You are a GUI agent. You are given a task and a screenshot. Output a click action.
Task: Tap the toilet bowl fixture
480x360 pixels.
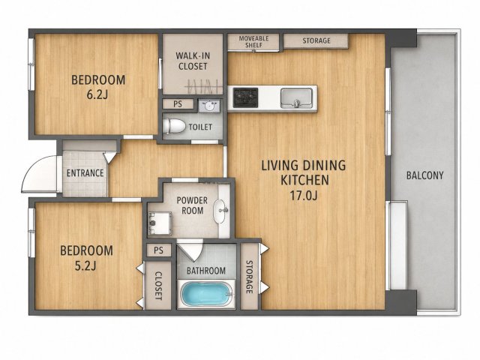(x=174, y=126)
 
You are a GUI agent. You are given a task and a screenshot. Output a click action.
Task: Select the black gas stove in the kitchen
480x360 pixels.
(x=245, y=97)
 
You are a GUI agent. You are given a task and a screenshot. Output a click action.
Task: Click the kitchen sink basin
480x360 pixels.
(x=297, y=98)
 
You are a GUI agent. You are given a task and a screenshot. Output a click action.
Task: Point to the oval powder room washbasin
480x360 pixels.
(x=220, y=211)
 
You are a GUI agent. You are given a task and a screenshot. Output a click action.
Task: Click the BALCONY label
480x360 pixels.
(x=425, y=175)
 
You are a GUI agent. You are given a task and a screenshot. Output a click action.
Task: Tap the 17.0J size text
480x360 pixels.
(x=304, y=195)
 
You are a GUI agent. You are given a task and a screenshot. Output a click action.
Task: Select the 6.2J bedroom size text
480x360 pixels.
(x=97, y=95)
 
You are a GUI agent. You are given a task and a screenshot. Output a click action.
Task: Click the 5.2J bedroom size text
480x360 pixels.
(x=85, y=266)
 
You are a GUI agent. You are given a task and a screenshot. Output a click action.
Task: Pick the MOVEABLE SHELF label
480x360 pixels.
(x=253, y=42)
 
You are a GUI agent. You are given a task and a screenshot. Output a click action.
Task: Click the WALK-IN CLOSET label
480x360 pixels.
(x=193, y=61)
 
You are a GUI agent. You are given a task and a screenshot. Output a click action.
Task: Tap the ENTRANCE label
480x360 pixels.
(x=85, y=173)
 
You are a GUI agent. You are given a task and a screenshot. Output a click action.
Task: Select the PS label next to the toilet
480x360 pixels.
(x=178, y=104)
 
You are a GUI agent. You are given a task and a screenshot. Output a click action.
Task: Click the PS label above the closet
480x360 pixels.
(x=158, y=250)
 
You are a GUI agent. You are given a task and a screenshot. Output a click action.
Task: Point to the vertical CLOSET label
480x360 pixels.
(x=158, y=286)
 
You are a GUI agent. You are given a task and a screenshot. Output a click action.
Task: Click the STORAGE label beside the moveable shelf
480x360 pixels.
(x=316, y=40)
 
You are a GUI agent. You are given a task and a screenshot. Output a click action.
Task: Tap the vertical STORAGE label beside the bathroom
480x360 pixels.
(x=249, y=277)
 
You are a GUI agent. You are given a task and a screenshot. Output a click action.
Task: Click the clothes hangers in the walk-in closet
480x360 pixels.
(x=203, y=87)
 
